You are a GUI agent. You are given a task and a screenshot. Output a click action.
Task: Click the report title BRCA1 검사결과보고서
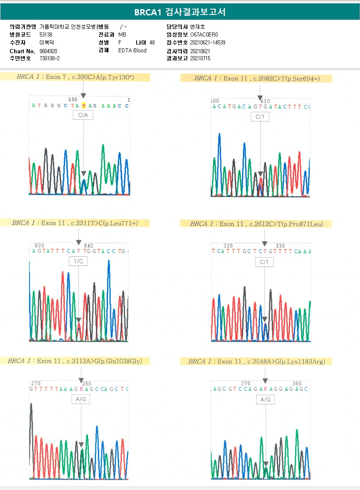point(180,12)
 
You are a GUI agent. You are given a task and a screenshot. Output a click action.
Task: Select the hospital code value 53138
point(46,34)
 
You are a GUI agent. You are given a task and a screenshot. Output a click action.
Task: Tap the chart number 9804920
point(48,51)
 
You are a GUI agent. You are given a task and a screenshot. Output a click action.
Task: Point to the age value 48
point(152,42)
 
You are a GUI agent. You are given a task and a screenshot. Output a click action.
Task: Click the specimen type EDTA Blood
point(132,50)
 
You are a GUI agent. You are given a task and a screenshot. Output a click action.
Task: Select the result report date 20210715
point(200,59)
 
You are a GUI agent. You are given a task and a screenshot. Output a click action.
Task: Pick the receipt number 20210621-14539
point(208,42)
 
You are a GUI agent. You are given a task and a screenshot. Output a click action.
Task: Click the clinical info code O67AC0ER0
point(204,34)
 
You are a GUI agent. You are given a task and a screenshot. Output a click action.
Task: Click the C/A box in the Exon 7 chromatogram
point(83,116)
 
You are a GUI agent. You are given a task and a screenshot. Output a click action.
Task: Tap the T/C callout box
point(78,261)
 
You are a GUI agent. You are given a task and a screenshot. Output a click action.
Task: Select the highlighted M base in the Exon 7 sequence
point(84,105)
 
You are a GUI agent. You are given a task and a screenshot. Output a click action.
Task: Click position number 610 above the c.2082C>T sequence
point(265,101)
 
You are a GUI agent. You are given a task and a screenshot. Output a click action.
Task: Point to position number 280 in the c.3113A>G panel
point(86,383)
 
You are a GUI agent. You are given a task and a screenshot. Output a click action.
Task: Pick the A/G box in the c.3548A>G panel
point(265,399)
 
